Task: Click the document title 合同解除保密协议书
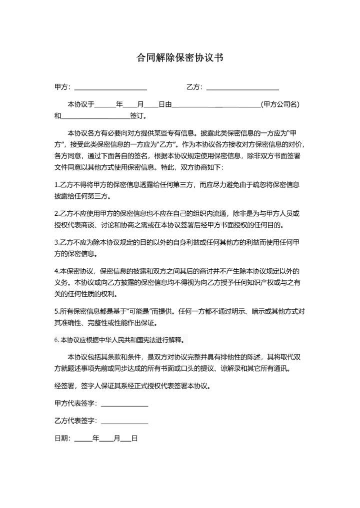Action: tap(179, 57)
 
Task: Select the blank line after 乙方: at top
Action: tap(242, 88)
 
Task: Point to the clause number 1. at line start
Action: tap(56, 184)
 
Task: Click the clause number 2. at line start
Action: tap(56, 213)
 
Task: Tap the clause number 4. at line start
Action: tap(56, 271)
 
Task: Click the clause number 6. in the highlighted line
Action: tap(56, 340)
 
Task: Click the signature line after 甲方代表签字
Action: tap(124, 403)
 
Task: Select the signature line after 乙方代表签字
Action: tap(124, 421)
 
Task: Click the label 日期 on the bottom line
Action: tap(62, 439)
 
